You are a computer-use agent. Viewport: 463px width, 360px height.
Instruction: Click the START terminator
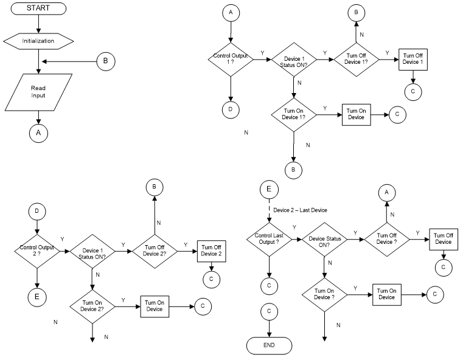click(x=39, y=8)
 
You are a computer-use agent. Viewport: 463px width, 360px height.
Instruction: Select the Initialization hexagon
click(x=39, y=41)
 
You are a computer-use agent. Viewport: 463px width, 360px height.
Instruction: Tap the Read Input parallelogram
click(x=39, y=92)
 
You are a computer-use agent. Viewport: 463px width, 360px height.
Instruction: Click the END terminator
click(x=268, y=344)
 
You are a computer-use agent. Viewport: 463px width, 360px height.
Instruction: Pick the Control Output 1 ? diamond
click(x=230, y=61)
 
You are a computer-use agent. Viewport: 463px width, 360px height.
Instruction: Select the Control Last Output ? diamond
click(x=268, y=238)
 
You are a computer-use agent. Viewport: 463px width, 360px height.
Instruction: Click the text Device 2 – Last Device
click(x=300, y=210)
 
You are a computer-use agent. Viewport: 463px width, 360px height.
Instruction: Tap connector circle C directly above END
click(x=268, y=311)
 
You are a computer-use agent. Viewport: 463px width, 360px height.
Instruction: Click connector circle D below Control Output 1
click(x=230, y=109)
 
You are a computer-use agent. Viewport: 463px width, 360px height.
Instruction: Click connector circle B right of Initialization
click(x=105, y=61)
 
